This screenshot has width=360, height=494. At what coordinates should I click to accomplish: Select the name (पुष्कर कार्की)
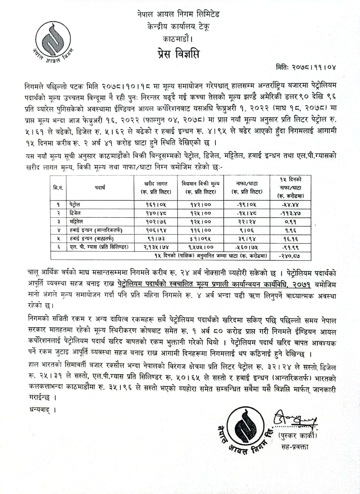pyautogui.click(x=297, y=436)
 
